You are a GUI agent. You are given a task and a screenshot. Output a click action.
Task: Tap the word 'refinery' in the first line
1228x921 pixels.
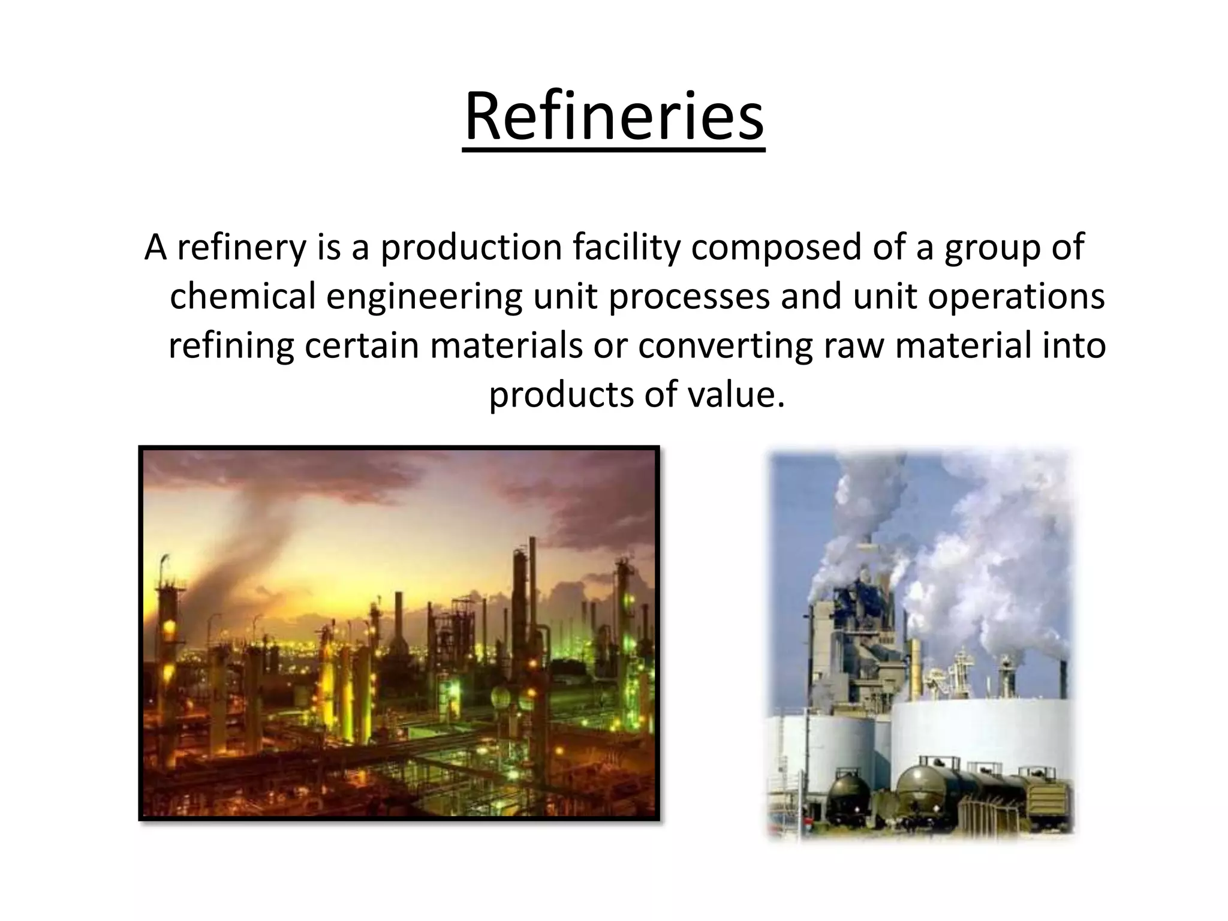coord(241,248)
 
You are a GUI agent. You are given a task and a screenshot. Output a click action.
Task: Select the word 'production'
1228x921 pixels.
coord(471,248)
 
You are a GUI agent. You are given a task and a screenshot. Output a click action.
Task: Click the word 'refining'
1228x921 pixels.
coord(231,346)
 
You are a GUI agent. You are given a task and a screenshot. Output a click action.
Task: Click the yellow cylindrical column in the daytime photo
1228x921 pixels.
coord(915,666)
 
